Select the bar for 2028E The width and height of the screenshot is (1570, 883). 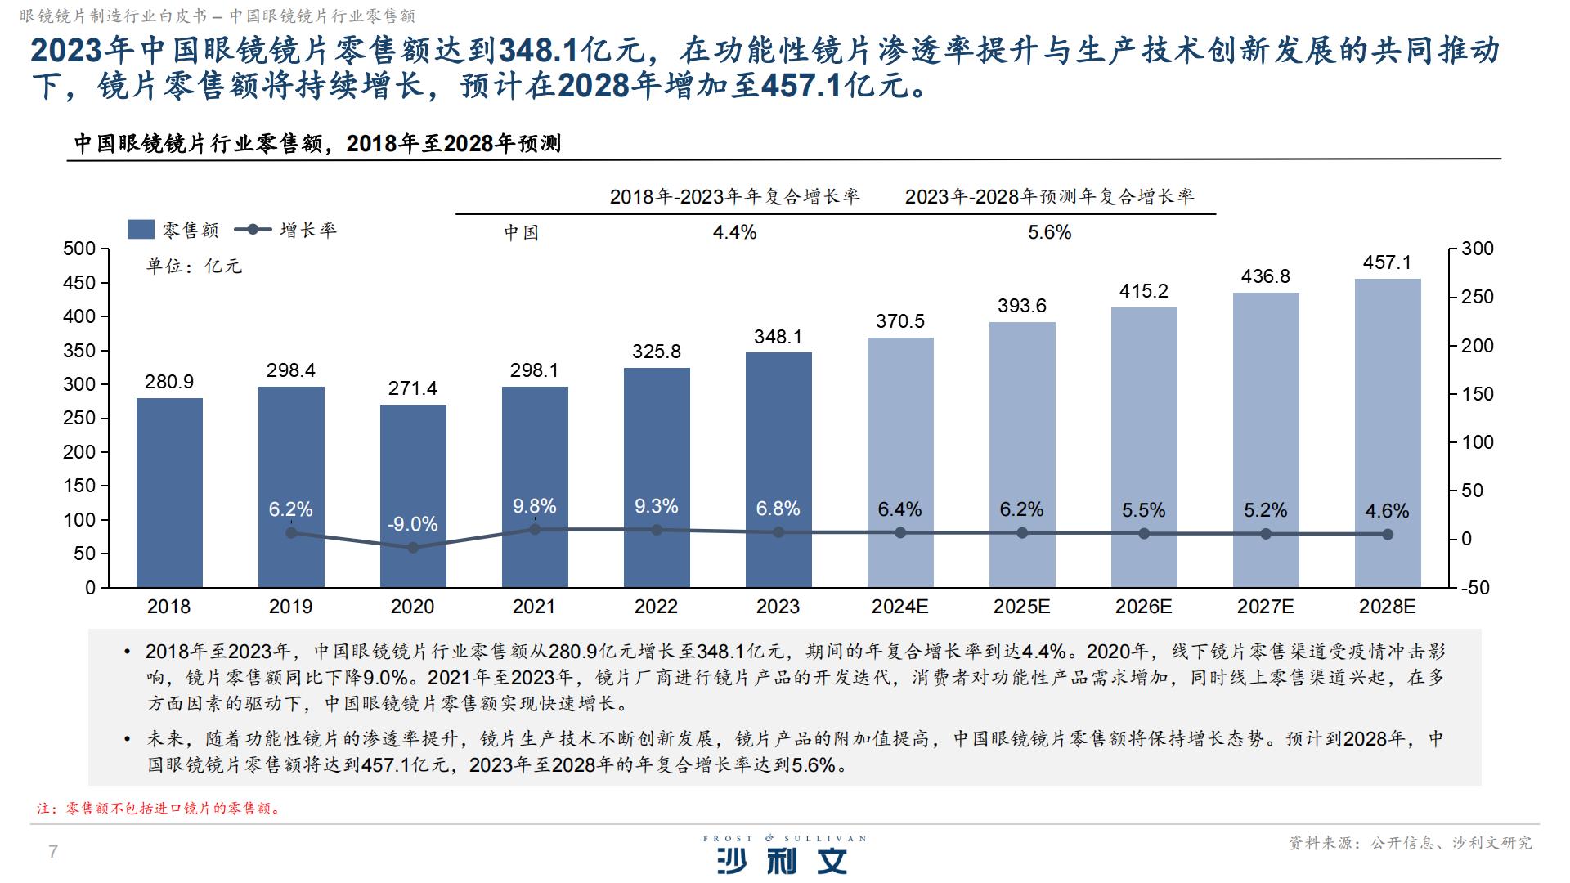coord(1387,433)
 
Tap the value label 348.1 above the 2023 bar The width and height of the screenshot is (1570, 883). coord(778,337)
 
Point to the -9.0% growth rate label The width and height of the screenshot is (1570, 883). coord(412,524)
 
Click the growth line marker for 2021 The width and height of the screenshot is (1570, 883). coord(535,529)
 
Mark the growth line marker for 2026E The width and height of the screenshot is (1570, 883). coord(1143,534)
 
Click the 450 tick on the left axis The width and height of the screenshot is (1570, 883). coord(79,283)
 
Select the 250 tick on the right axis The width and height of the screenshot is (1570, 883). coord(1477,298)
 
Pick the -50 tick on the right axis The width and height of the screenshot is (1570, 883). coord(1475,588)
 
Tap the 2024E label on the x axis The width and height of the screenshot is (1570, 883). coord(899,607)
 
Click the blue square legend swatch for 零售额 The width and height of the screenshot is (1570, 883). coord(141,230)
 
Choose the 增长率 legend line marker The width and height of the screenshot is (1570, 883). coord(253,230)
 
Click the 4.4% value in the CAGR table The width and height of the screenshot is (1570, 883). coord(734,232)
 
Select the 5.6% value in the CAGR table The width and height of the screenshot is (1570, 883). coord(1049,232)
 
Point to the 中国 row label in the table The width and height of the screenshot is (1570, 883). coord(521,232)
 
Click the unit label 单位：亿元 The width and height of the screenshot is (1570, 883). coord(194,267)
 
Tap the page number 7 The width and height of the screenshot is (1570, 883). coord(53,852)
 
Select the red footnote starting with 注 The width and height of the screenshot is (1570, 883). coord(159,809)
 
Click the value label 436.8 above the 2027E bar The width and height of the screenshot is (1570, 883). coord(1265,276)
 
